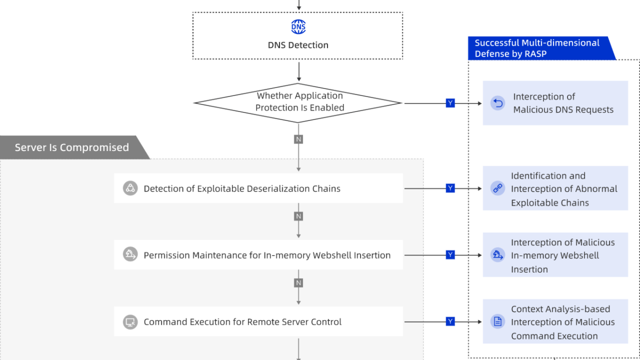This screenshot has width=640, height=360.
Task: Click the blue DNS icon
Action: tap(298, 27)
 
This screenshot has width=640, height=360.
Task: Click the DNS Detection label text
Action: tap(298, 45)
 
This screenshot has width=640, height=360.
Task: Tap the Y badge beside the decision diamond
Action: tap(450, 103)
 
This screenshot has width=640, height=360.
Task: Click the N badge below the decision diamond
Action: tap(299, 139)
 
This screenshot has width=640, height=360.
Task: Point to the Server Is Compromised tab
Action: tap(72, 148)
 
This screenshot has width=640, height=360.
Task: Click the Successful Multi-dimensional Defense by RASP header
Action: tap(539, 48)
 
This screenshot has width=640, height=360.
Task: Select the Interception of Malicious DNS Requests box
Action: tap(555, 103)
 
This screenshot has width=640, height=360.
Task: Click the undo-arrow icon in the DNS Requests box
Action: tap(498, 103)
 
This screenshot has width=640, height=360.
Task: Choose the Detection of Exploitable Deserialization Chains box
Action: tap(258, 188)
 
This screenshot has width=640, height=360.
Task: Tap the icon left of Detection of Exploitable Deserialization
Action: tap(130, 188)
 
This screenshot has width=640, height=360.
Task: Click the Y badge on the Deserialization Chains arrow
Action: tap(450, 188)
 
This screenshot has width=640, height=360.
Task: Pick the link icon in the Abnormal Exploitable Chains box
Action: tap(498, 188)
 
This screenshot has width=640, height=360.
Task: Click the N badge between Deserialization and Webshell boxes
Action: tap(299, 216)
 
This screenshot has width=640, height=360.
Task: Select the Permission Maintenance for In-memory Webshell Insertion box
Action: tap(258, 255)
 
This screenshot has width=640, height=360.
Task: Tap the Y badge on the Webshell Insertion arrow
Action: tap(450, 255)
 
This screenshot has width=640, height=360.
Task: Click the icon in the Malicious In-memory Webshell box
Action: tap(498, 255)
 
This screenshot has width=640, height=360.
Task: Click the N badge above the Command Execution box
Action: tap(299, 283)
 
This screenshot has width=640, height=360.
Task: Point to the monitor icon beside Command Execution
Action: tap(130, 322)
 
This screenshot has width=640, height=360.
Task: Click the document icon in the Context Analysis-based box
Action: tap(498, 322)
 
